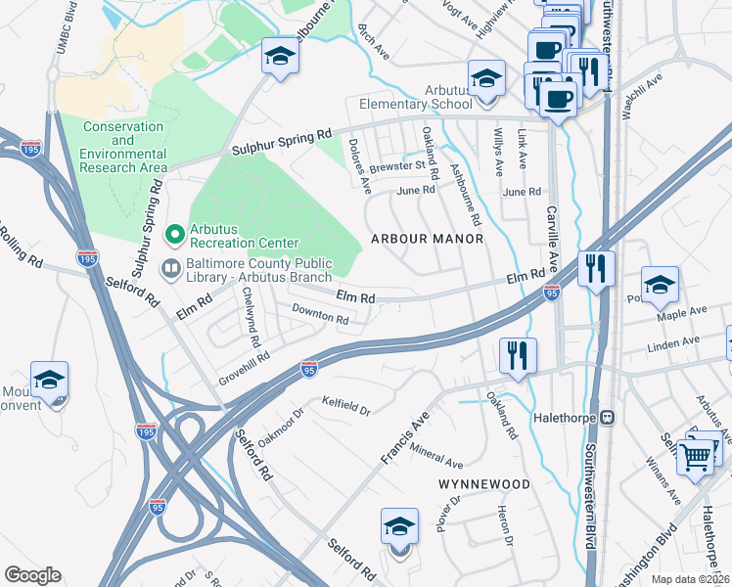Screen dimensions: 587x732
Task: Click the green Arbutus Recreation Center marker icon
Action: [x=174, y=234]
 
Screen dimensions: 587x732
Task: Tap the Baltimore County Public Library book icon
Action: [x=171, y=267]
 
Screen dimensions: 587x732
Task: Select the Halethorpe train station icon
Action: [x=606, y=417]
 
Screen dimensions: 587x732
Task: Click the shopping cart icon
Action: [x=696, y=455]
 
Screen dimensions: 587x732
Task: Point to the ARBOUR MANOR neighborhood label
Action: [x=426, y=239]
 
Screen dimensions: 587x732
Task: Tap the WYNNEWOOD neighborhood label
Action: [x=484, y=484]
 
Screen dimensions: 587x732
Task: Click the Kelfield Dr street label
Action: [x=346, y=405]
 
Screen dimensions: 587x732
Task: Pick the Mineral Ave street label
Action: [x=436, y=456]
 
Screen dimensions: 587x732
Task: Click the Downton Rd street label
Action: [x=320, y=314]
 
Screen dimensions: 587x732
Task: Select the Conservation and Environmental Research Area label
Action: [x=124, y=147]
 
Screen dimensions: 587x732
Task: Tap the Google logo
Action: [x=32, y=575]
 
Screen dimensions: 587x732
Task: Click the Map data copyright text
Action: [x=690, y=579]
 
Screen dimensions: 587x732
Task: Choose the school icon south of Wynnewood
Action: [x=399, y=528]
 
